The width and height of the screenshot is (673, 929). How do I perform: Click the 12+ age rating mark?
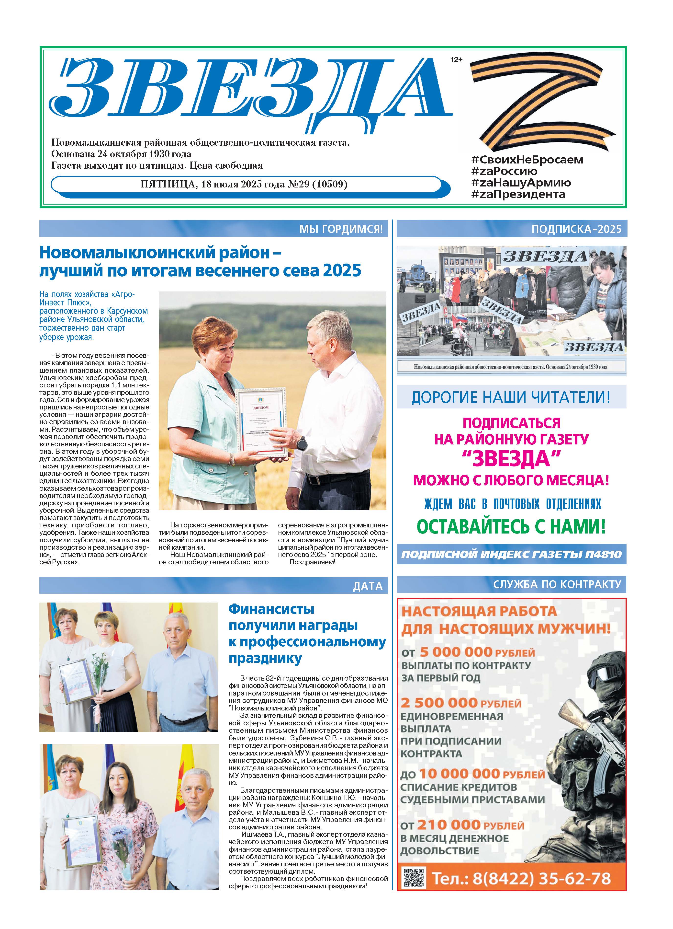[456, 60]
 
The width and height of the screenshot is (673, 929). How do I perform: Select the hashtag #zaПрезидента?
[518, 194]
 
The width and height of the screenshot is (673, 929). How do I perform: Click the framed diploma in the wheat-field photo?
[260, 422]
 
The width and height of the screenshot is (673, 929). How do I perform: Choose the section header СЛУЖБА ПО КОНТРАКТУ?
[557, 584]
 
